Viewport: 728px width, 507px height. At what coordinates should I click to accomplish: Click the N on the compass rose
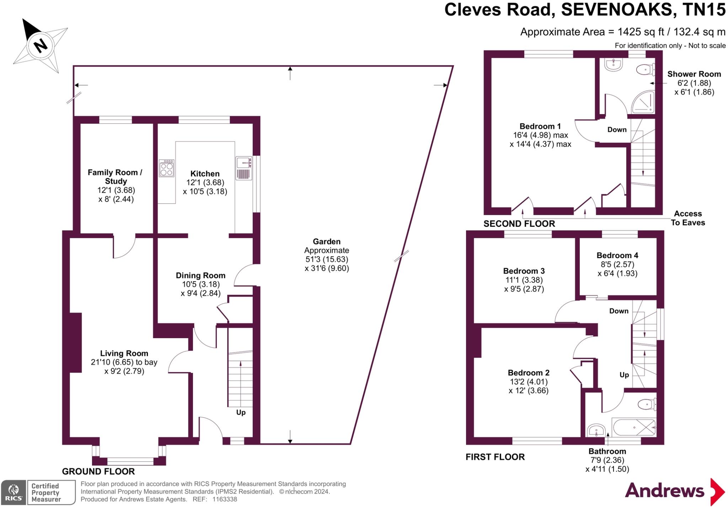(41, 45)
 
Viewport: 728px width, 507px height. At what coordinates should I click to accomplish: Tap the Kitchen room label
(205, 174)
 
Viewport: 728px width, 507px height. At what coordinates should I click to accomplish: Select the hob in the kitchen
(166, 168)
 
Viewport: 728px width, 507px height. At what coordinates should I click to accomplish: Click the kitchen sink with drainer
(244, 168)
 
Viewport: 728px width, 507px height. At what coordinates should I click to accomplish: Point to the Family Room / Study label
(115, 177)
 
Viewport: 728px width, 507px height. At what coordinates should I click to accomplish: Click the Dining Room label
(200, 275)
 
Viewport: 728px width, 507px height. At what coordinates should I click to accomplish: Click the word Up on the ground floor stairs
(241, 412)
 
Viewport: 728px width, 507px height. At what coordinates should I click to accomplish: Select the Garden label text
(327, 241)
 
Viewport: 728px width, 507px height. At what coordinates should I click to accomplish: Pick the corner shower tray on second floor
(643, 102)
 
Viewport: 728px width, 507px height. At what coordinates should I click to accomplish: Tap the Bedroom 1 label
(540, 126)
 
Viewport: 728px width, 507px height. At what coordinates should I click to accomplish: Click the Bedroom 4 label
(617, 255)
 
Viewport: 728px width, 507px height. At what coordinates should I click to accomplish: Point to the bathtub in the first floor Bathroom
(634, 427)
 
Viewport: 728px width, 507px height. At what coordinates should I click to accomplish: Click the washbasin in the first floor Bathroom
(596, 430)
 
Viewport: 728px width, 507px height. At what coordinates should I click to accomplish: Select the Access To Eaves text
(688, 218)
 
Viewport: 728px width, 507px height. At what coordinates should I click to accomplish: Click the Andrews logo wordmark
(664, 491)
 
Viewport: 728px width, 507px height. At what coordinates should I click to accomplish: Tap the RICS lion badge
(14, 492)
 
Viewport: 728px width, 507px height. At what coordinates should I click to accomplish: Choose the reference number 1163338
(225, 499)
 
